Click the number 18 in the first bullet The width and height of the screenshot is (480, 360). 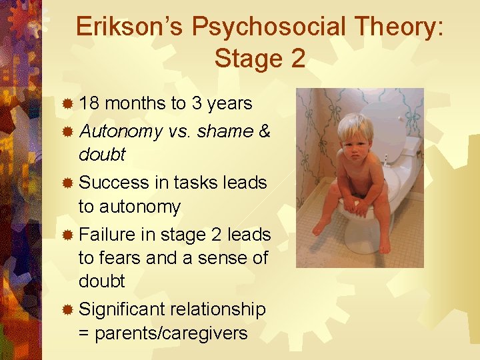90,103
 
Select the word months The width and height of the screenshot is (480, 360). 135,103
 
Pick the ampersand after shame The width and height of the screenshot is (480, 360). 264,132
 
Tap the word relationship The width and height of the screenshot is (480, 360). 218,309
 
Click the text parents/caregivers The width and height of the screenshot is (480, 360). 171,333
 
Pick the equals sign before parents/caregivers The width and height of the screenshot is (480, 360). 84,333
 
